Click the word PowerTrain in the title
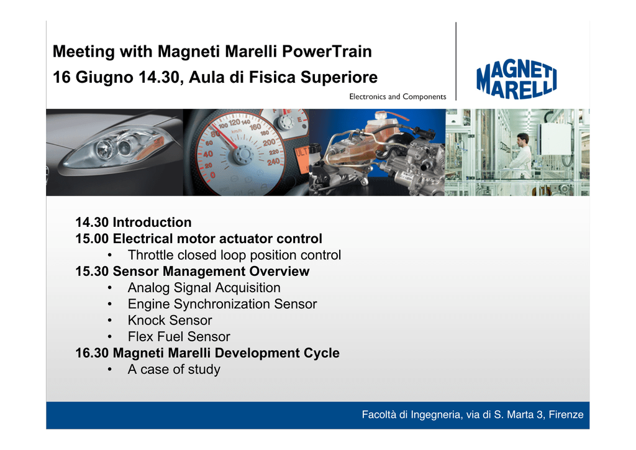coord(327,52)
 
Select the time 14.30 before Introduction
coord(92,223)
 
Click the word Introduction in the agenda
coord(152,223)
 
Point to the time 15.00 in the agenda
coord(92,239)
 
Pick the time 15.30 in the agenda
coord(92,271)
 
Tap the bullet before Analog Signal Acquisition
coord(109,288)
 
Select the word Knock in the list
coord(146,320)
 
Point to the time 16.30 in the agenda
coord(92,353)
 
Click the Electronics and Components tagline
coord(397,96)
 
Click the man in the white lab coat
coord(522,157)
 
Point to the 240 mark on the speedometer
coord(273,162)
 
